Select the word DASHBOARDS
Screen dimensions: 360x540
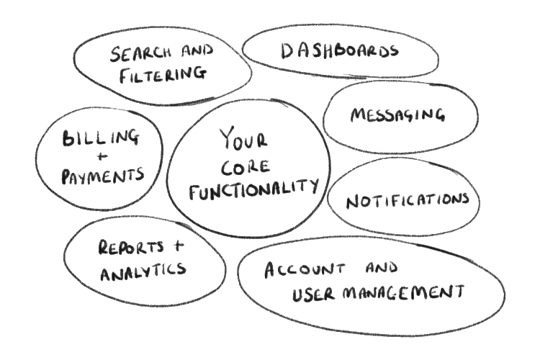338,51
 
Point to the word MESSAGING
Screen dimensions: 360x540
397,115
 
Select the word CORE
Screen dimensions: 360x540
244,167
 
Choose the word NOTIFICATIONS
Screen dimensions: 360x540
408,200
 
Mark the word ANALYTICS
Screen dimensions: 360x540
143,271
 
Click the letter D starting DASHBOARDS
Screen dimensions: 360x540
286,50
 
